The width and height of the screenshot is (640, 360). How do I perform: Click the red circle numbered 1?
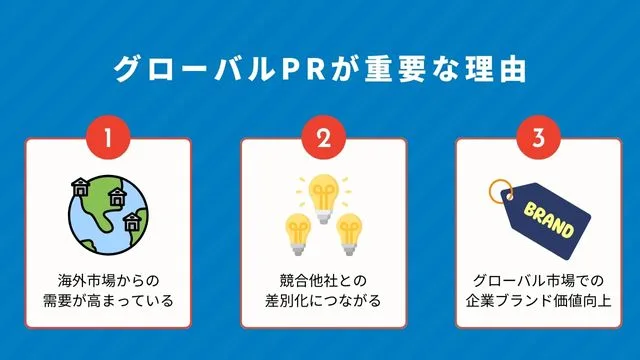click(107, 139)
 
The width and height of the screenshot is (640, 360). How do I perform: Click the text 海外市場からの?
click(107, 280)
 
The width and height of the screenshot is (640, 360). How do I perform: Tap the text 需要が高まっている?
click(107, 300)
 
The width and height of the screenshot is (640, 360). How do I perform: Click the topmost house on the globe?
click(78, 185)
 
